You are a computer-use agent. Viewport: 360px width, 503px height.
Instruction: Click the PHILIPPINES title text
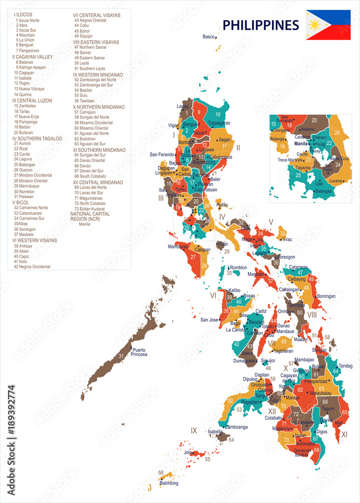tap(260, 25)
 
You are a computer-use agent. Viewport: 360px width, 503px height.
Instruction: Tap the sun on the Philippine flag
tap(315, 25)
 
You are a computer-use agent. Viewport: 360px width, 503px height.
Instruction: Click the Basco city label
tap(208, 37)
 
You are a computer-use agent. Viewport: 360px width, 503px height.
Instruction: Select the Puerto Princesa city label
tap(139, 352)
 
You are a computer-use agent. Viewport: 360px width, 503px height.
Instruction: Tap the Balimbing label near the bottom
tap(169, 483)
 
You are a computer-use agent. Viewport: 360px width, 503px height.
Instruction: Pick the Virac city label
tap(287, 239)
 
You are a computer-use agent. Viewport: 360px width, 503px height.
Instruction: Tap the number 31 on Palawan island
tap(121, 356)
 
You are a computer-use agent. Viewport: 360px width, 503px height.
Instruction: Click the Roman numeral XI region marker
tap(344, 434)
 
